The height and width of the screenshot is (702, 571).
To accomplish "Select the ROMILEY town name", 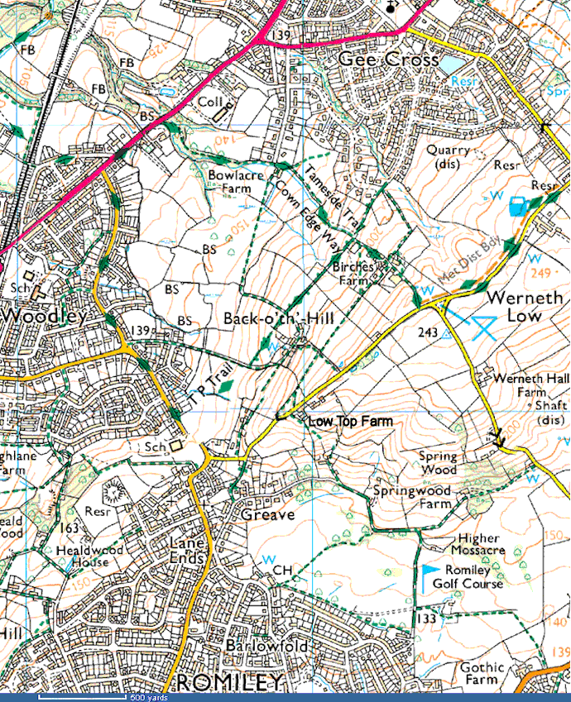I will pos(230,682).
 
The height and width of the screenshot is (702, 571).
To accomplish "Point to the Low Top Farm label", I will pos(350,422).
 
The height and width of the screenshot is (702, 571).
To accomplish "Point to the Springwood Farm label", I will pos(411,496).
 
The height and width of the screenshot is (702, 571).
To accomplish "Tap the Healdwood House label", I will pos(83,556).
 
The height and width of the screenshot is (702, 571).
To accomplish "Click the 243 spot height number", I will pos(428,332).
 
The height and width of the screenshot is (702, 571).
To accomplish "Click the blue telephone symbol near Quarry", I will pos(519,206).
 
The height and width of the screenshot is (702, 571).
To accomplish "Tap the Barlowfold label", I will pos(266,646).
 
